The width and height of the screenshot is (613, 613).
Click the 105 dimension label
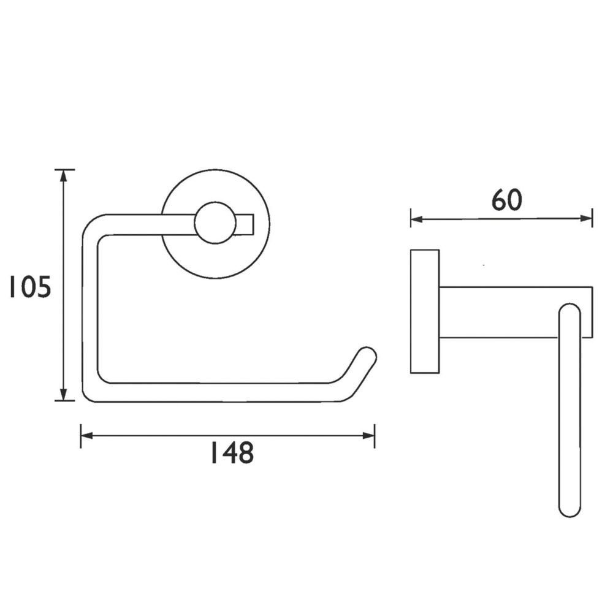click(x=30, y=287)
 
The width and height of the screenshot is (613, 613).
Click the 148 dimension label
click(x=232, y=452)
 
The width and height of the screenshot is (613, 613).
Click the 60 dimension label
click(x=506, y=200)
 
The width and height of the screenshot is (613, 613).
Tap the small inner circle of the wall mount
click(x=215, y=223)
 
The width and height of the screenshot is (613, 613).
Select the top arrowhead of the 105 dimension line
click(x=64, y=176)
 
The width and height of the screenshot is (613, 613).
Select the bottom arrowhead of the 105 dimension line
click(x=64, y=394)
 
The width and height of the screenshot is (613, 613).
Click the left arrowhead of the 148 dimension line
click(x=86, y=435)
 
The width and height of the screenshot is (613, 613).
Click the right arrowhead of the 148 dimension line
click(x=368, y=435)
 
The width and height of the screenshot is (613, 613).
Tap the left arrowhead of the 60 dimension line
click(x=417, y=219)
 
